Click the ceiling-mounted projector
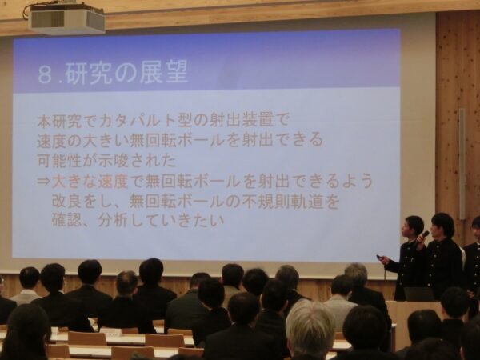click(66, 19)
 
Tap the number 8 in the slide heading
click(45, 74)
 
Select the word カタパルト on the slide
click(136, 122)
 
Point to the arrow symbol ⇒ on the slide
click(43, 182)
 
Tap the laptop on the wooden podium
click(418, 294)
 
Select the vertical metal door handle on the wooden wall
click(462, 163)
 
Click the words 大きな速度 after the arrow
click(90, 182)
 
